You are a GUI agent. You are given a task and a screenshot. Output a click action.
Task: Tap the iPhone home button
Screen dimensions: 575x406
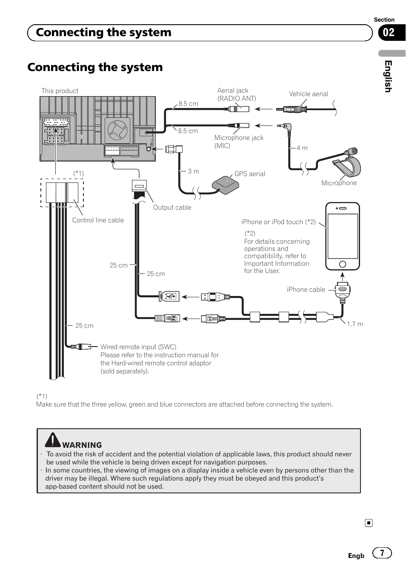[x=343, y=265]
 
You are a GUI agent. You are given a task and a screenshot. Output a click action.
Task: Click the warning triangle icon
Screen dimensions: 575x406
[x=53, y=440]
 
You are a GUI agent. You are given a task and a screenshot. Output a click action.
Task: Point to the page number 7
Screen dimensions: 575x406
[x=382, y=553]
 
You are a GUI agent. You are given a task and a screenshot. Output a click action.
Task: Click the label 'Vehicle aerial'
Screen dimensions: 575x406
[x=309, y=94]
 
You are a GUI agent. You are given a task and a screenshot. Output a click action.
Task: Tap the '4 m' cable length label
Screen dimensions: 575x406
[x=302, y=148]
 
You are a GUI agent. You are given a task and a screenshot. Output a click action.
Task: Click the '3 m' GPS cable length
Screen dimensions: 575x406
[x=194, y=171]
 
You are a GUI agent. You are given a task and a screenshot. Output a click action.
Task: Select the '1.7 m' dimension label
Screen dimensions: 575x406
[x=355, y=324]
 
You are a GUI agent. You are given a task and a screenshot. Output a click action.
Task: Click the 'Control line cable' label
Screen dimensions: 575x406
[x=98, y=220]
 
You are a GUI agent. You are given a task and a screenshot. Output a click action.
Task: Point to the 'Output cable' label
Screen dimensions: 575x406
[x=172, y=208]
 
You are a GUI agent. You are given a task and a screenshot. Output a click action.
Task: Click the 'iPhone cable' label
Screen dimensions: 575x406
[x=306, y=290]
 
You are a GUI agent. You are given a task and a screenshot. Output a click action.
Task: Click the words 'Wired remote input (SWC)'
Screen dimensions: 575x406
[x=138, y=347]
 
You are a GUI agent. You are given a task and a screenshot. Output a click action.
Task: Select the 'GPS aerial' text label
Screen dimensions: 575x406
[x=250, y=174]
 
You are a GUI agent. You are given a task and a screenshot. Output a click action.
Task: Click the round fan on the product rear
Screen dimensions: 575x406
[x=117, y=130]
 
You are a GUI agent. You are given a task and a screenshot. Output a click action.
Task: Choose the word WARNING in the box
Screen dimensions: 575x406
[x=82, y=445]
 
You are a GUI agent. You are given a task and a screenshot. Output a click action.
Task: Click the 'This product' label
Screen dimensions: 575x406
[x=60, y=91]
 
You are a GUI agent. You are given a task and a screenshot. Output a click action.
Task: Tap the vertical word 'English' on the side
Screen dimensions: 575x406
[x=388, y=76]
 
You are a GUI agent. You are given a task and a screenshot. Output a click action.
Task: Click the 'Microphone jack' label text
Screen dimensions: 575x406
[x=239, y=138]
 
